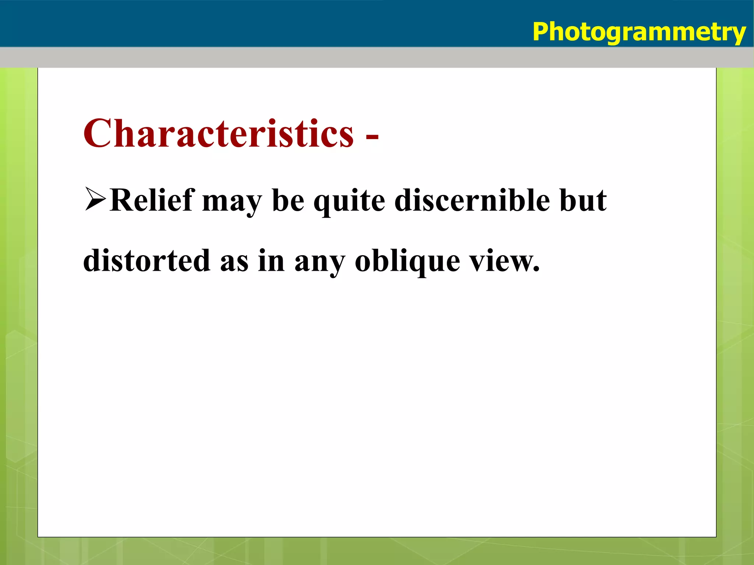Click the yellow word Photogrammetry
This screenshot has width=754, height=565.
(x=639, y=32)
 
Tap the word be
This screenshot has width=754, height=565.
(x=288, y=200)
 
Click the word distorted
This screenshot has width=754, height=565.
(x=147, y=260)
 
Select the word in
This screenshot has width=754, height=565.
(x=271, y=260)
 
